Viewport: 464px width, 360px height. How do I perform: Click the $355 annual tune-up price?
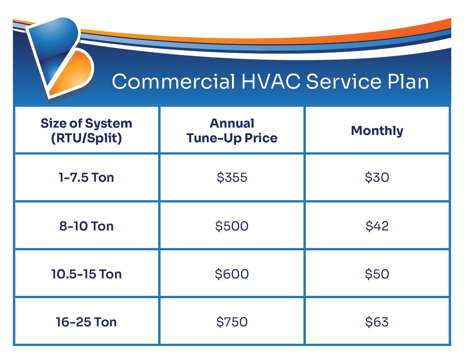tap(232, 177)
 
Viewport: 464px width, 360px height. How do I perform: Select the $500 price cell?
tap(232, 226)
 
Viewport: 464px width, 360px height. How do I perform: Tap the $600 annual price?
tap(232, 274)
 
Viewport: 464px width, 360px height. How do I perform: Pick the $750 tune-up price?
tap(232, 322)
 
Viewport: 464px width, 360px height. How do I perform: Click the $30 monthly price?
tap(377, 177)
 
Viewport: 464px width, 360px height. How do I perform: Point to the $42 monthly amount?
tap(377, 226)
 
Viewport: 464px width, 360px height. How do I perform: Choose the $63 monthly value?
tap(377, 322)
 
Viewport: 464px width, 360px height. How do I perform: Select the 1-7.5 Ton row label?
tap(86, 177)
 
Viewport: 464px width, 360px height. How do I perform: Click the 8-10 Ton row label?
tap(86, 226)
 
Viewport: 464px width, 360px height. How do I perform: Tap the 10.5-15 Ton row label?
tap(86, 274)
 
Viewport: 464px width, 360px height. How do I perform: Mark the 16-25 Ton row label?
tap(86, 322)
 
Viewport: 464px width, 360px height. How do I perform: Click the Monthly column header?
tap(377, 131)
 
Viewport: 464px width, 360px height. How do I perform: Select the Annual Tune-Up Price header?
tap(232, 131)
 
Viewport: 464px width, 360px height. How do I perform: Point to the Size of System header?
tap(86, 131)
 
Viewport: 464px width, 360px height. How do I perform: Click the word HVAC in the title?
tap(271, 81)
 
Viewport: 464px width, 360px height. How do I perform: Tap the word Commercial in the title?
tap(173, 81)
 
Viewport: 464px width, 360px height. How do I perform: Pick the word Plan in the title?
tap(408, 81)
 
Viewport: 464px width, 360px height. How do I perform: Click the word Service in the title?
tap(344, 81)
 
